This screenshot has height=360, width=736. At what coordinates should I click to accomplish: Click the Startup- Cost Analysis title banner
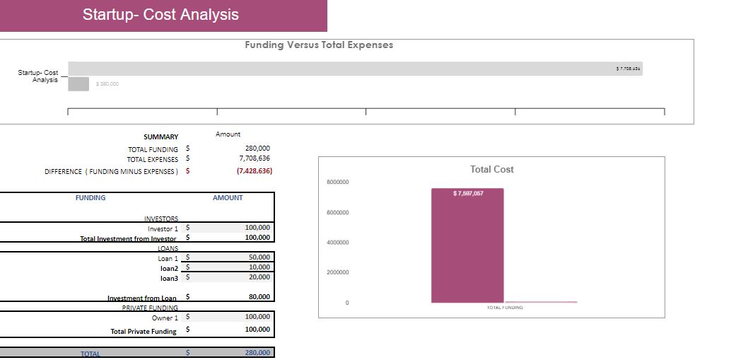point(161,15)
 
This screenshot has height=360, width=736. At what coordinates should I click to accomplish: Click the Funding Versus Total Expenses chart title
point(319,45)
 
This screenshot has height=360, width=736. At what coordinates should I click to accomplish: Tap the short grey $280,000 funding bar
point(78,83)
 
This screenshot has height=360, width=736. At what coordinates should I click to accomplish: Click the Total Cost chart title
point(491,169)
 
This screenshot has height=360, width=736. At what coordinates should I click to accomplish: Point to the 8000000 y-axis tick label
point(337,182)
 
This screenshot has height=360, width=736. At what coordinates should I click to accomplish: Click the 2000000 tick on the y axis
point(337,272)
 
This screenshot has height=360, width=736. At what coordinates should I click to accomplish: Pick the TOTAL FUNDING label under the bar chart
point(505,308)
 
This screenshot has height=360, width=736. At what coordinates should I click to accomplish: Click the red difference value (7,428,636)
point(254,170)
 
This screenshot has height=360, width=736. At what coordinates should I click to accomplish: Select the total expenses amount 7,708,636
point(255,158)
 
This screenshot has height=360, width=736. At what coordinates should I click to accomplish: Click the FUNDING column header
point(90,198)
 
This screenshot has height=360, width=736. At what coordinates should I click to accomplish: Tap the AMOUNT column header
point(228,198)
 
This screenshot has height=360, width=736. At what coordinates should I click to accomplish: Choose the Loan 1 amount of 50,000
point(259,257)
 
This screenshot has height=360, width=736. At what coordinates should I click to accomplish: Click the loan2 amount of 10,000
point(259,267)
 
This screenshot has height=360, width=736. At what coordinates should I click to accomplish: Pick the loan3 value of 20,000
point(259,277)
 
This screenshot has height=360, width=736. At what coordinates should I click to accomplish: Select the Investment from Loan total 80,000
point(259,297)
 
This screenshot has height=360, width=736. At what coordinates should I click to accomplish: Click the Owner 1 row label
point(165,318)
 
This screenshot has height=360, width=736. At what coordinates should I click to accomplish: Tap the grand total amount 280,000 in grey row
point(257,352)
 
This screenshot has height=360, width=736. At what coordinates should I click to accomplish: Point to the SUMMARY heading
point(161,137)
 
